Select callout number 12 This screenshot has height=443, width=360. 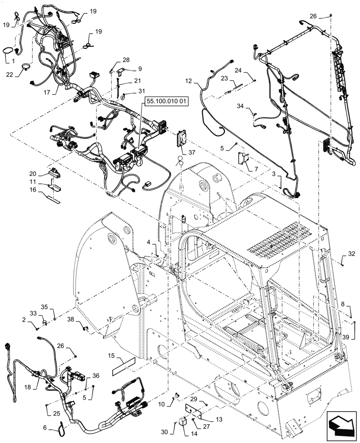point(189,81)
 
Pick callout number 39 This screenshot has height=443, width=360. point(351,337)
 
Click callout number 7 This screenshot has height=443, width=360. point(256,169)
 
